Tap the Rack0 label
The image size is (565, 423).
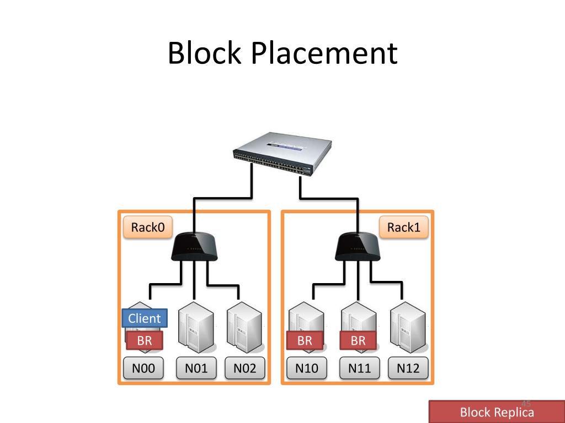pyautogui.click(x=148, y=227)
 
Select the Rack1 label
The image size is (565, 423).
pyautogui.click(x=404, y=227)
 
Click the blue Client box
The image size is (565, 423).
pyautogui.click(x=144, y=318)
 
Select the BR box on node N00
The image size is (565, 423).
pyautogui.click(x=145, y=341)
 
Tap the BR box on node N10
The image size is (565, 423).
pyautogui.click(x=305, y=341)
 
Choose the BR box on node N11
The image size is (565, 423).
pyautogui.click(x=358, y=341)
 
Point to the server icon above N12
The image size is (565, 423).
pyautogui.click(x=408, y=328)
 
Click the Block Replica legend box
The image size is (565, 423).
pyautogui.click(x=497, y=412)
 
